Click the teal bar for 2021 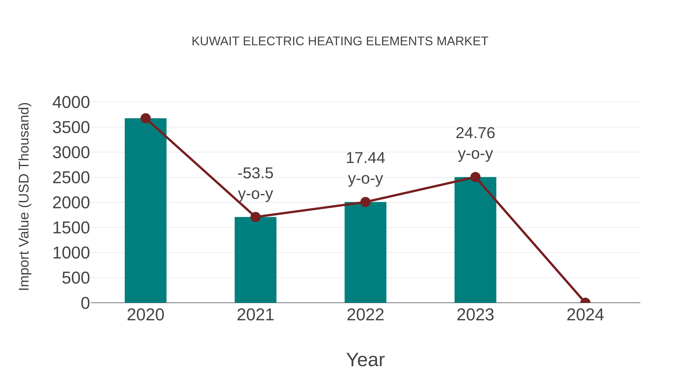255,261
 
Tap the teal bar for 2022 365,253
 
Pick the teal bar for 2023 475,240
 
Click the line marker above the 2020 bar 145,118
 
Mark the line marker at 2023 475,177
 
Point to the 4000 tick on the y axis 71,102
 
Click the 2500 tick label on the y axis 71,178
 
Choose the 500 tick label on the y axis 76,278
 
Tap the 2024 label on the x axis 585,315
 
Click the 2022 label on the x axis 365,315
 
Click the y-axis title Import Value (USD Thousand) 24,196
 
